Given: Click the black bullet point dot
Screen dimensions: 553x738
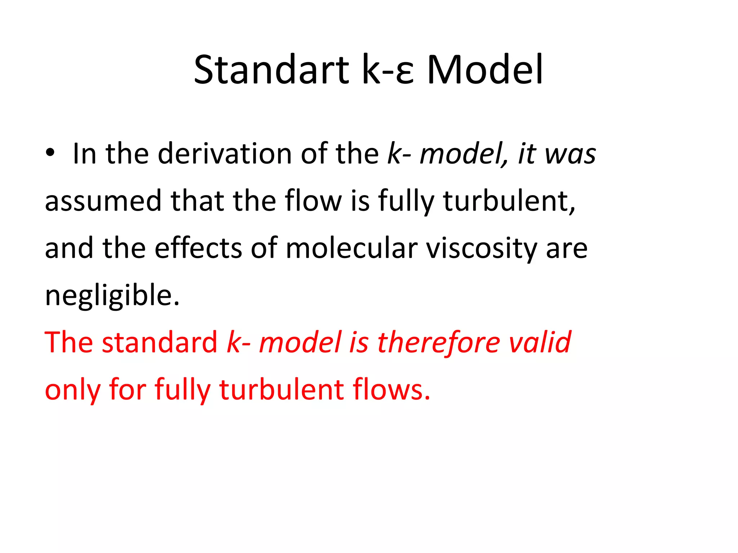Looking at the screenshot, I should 50,153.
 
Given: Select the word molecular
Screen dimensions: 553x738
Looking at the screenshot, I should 352,248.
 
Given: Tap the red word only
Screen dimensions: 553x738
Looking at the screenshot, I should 72,390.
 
